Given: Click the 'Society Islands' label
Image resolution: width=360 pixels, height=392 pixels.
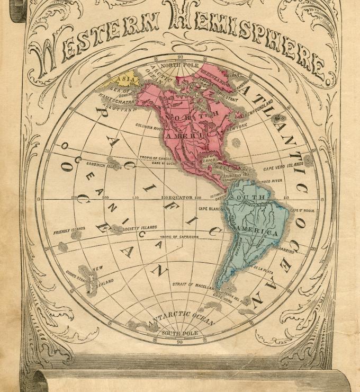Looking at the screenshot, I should tap(139, 228).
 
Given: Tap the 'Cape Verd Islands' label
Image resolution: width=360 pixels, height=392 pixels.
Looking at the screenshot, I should tap(284, 165).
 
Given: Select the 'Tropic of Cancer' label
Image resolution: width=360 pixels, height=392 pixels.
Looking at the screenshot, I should tap(156, 158).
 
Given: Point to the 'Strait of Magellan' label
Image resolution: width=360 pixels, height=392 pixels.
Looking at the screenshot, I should tap(193, 285).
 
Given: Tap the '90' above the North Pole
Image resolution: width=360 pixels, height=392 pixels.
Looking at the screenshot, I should tap(180, 57).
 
